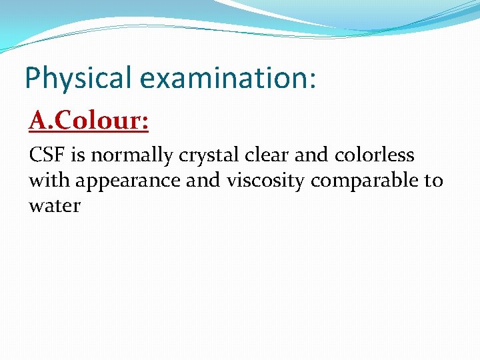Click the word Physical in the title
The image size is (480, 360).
pos(78,78)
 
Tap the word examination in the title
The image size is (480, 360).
pos(223,78)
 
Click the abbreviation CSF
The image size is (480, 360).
pos(48,155)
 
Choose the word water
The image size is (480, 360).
pos(55,206)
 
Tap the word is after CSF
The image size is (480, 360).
pos(78,155)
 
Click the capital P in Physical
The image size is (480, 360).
pos(32,77)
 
